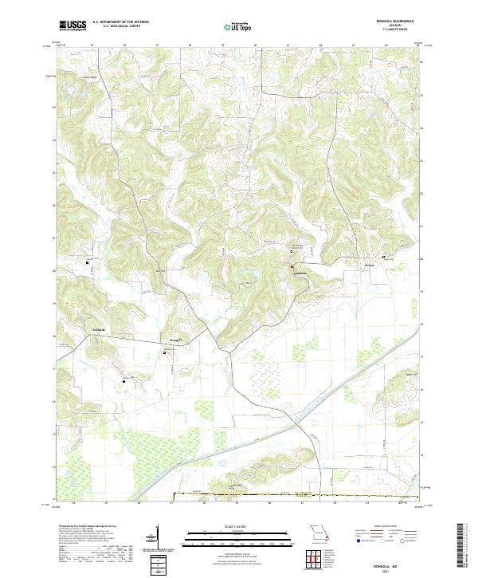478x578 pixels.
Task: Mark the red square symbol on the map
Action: coord(292,265)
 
